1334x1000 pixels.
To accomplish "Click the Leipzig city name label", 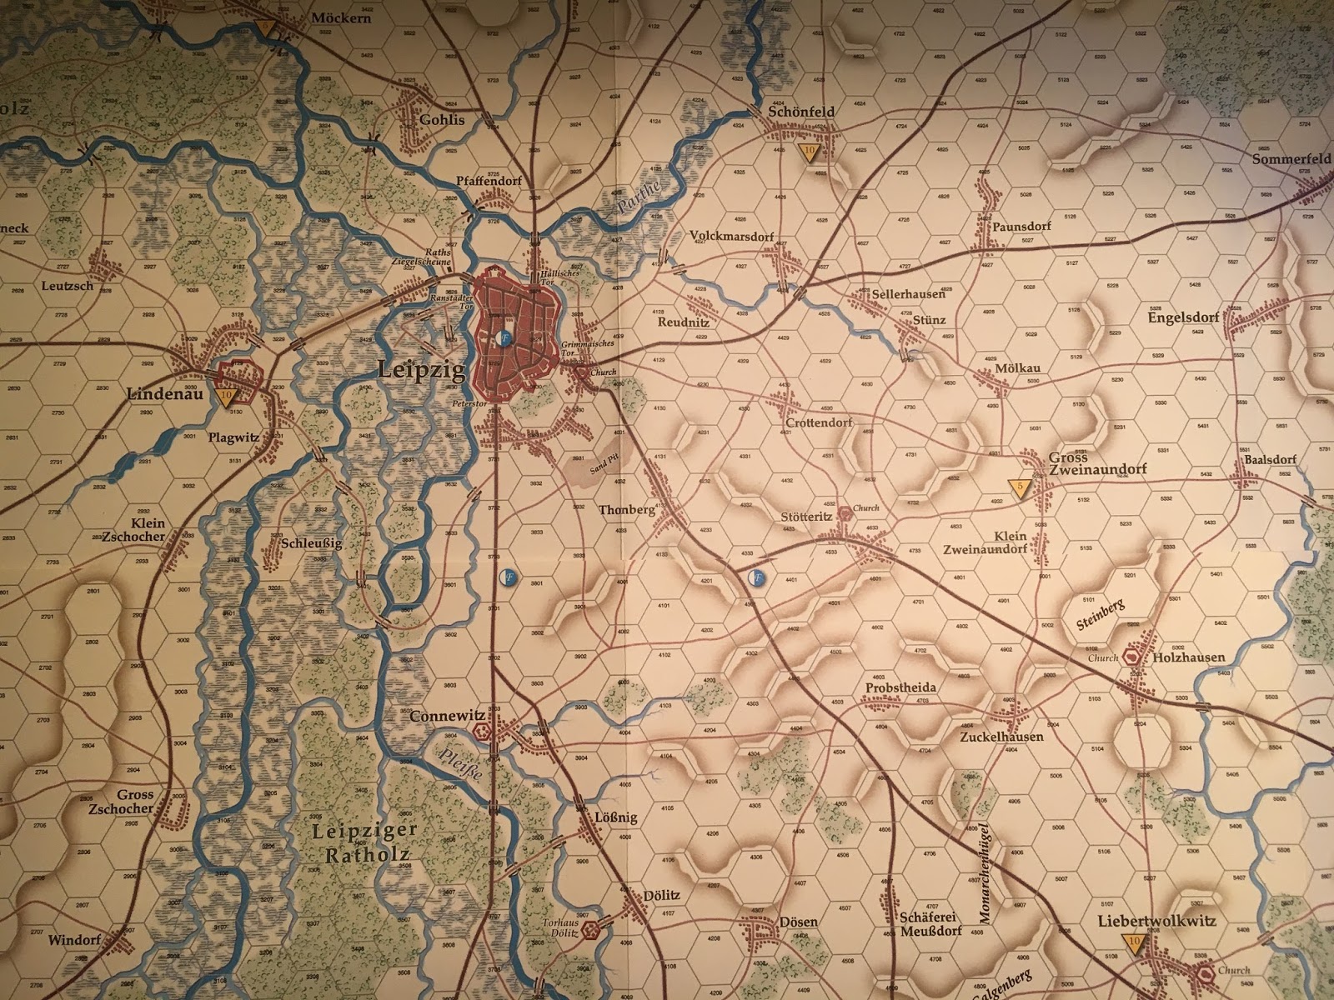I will coord(422,369).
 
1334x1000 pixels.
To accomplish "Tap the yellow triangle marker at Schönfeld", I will coord(808,151).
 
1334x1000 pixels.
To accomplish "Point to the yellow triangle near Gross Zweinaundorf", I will coord(1016,487).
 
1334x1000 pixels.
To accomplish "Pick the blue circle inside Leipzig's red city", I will coord(503,338).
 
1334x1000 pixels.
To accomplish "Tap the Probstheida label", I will coord(900,687).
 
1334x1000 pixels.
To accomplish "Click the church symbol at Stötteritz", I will coord(845,512).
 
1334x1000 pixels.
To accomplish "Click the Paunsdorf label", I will coord(1021,226).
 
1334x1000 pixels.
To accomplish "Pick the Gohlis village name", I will coord(442,119).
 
